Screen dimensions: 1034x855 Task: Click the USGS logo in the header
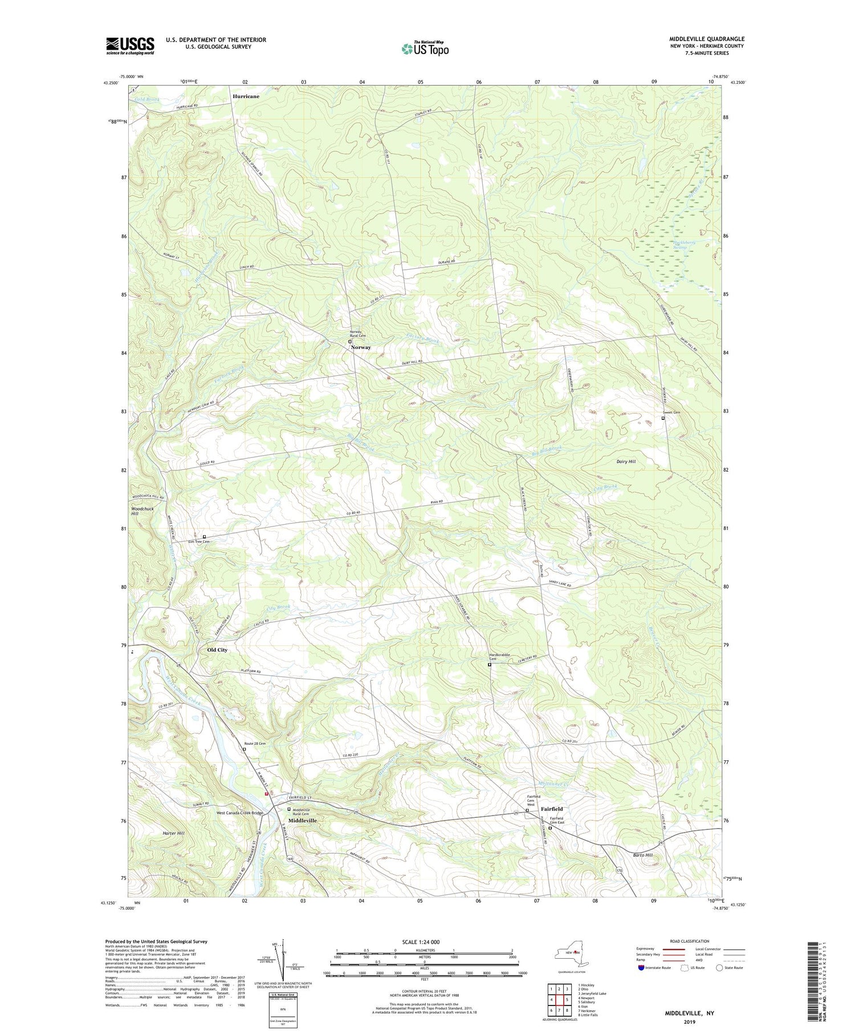click(x=130, y=46)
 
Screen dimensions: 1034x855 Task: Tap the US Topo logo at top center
click(x=425, y=48)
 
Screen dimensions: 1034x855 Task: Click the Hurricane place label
click(x=246, y=96)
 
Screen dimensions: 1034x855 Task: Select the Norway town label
click(x=361, y=347)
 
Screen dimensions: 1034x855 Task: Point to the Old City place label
click(x=217, y=650)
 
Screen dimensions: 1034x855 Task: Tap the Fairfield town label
click(x=552, y=809)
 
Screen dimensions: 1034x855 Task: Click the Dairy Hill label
click(x=626, y=461)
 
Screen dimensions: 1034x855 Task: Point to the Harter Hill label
click(x=173, y=833)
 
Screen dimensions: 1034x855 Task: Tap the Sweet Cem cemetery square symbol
click(x=663, y=418)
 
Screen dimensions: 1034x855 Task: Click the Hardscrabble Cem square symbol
click(x=490, y=664)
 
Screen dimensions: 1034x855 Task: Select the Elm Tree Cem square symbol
click(x=204, y=537)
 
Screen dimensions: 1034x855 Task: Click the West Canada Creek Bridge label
click(x=239, y=813)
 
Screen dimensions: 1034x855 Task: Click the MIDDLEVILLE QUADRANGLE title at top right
click(x=706, y=39)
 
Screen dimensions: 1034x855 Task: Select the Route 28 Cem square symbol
click(x=244, y=750)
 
